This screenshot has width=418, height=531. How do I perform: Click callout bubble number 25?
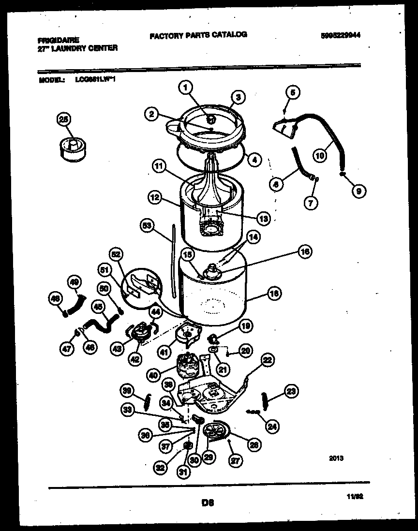click(x=63, y=119)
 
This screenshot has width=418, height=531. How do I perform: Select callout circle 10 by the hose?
click(x=320, y=156)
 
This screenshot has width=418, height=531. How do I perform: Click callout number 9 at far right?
click(x=358, y=192)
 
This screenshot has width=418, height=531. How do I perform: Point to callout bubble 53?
click(x=147, y=225)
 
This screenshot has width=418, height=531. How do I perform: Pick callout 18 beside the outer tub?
click(x=274, y=293)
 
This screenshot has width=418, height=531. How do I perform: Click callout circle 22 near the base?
click(x=268, y=359)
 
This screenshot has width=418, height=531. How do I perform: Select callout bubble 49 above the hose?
click(x=75, y=282)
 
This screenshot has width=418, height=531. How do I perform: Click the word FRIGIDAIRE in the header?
click(x=58, y=41)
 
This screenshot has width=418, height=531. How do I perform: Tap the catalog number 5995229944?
click(x=341, y=35)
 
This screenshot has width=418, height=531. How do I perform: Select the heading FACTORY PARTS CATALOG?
click(x=198, y=35)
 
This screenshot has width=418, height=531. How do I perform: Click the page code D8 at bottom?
click(x=209, y=503)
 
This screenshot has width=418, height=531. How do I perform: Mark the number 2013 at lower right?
click(x=336, y=458)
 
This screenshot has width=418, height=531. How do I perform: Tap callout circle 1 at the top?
click(x=185, y=88)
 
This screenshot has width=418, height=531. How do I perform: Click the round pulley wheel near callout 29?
click(x=216, y=430)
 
